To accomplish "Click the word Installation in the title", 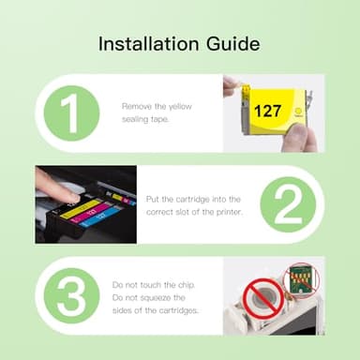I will click(x=145, y=43).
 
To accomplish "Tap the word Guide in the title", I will click(x=232, y=43).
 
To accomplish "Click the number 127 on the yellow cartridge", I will click(x=267, y=110).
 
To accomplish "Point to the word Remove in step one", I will click(x=136, y=106).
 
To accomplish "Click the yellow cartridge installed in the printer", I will click(x=80, y=208).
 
